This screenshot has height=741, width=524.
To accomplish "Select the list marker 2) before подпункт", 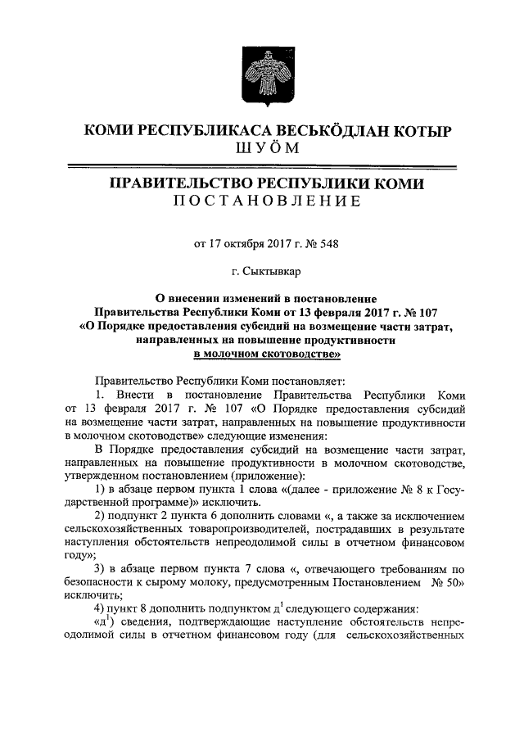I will [x=101, y=517].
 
